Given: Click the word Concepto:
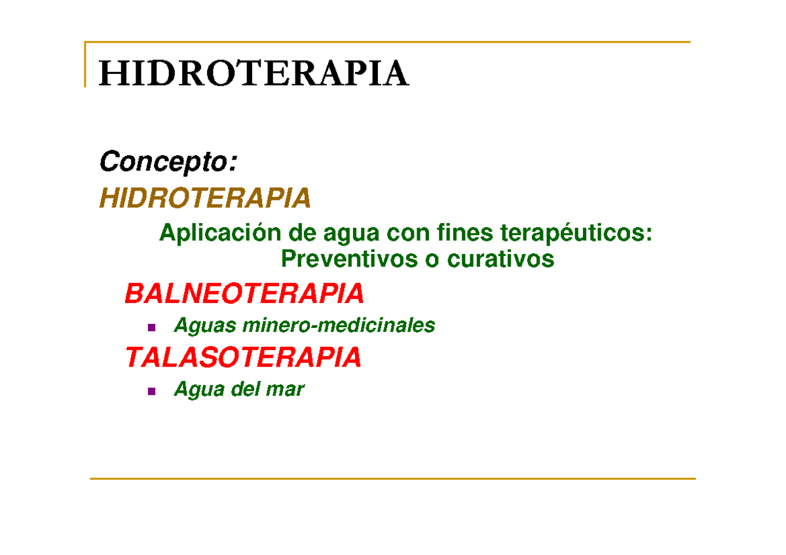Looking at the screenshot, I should point(167,162).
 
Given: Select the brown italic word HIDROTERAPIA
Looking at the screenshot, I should point(204,198).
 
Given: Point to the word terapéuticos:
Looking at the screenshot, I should point(576,232).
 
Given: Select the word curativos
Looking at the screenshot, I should point(500,259).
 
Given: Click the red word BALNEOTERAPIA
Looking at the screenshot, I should point(244,294).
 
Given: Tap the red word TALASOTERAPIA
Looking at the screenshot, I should point(243,357).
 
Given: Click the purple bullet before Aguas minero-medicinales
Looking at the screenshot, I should point(151,327).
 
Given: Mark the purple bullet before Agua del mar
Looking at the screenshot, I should point(151,391).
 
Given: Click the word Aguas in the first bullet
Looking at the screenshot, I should point(204,325).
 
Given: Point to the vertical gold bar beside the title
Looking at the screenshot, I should point(85,64).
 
